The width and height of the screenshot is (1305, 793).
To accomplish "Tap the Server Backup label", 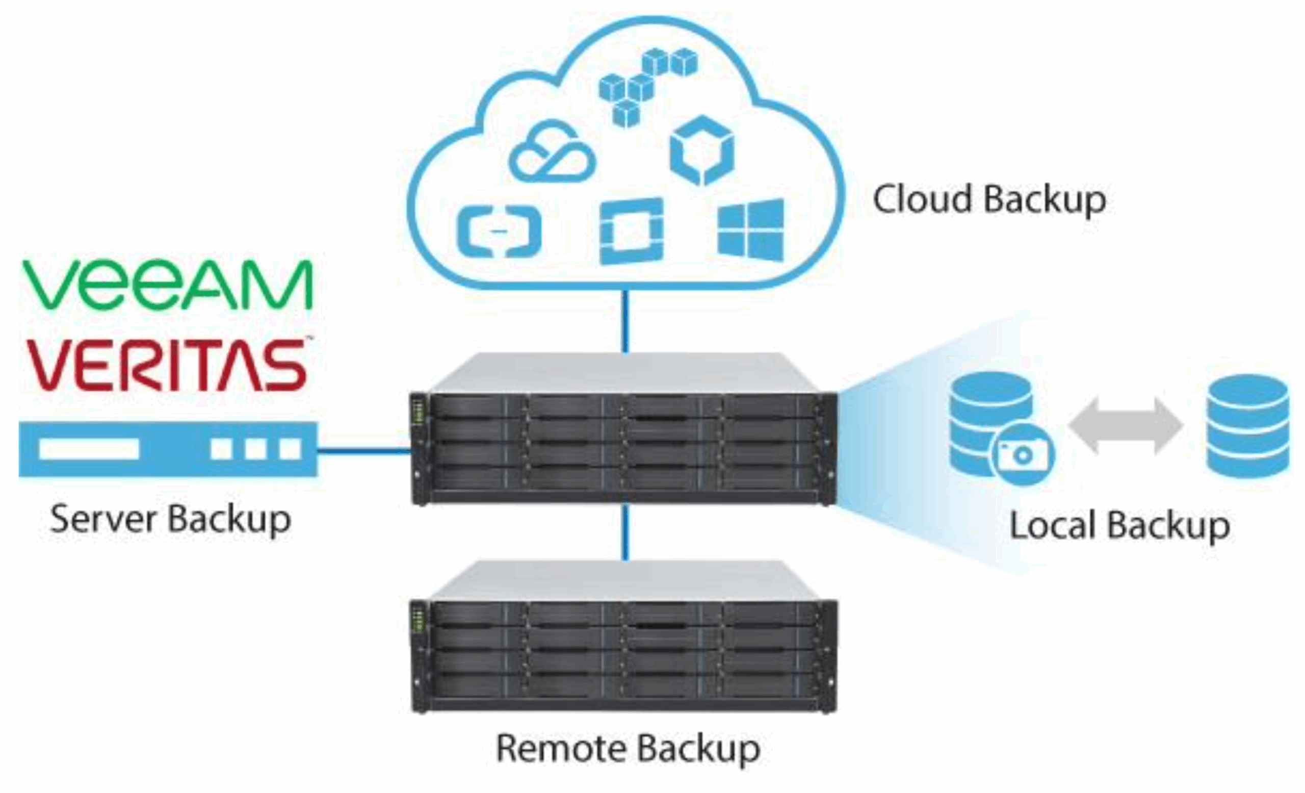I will pos(171,519).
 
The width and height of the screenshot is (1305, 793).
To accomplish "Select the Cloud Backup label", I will pos(989,200).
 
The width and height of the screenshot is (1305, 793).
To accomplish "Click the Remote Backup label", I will pos(628,749).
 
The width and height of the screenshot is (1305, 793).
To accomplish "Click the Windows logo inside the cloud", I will pos(750,230).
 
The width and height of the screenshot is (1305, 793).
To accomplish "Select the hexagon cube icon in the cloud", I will pos(702,150).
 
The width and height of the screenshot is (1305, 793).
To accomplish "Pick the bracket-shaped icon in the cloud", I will pos(499,232).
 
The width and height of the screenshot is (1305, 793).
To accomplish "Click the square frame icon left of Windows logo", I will pos(631,231).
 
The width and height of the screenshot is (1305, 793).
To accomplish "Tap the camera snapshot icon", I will pos(1022,454).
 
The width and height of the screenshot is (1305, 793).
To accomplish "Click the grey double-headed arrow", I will pos(1125,426).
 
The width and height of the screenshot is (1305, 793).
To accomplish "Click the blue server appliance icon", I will pos(168,449).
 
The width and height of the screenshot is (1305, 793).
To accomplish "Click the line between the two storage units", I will pos(625,532).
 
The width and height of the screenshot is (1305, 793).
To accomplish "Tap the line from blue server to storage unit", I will pos(364,451).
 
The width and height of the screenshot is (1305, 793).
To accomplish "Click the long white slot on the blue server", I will pos(89,449).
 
